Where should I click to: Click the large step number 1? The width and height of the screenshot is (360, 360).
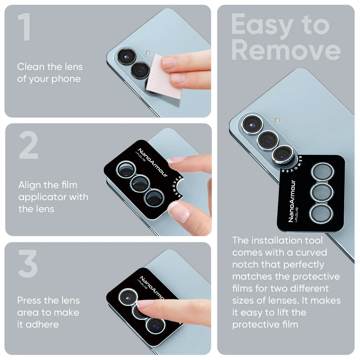click(x=25, y=27)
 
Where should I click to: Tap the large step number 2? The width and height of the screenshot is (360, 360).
click(x=28, y=145)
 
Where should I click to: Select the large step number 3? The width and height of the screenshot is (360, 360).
click(x=28, y=264)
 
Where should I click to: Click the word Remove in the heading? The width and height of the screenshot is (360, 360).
click(x=286, y=50)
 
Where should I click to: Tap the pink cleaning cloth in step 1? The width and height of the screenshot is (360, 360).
click(x=165, y=76)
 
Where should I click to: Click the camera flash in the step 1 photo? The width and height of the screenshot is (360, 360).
click(x=148, y=53)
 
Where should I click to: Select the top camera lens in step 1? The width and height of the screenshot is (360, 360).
click(x=126, y=57)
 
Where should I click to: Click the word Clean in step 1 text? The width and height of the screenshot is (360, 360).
click(x=31, y=67)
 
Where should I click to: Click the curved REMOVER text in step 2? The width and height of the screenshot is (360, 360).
click(x=177, y=187)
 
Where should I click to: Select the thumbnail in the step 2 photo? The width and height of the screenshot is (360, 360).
click(x=179, y=212)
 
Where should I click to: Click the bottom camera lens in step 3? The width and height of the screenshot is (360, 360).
click(x=156, y=325)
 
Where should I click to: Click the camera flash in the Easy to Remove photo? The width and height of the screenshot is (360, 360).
click(x=277, y=120)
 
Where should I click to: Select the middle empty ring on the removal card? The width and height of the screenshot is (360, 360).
click(x=321, y=192)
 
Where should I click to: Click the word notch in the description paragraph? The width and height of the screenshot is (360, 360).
click(x=245, y=265)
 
